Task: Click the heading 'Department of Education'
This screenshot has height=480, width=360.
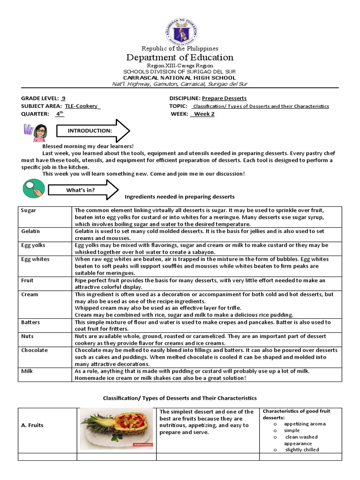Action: coord(180,58)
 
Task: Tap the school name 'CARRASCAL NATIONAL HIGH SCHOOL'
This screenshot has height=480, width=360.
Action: coord(180,78)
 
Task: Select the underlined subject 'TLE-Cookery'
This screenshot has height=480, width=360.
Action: coord(82,106)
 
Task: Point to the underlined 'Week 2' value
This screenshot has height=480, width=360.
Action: coord(203,114)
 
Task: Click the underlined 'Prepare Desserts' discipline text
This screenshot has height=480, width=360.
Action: coord(224,98)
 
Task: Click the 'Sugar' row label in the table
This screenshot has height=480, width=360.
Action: coord(29,210)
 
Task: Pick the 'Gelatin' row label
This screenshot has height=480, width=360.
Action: coord(30,232)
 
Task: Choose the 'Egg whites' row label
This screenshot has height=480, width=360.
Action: coord(35,259)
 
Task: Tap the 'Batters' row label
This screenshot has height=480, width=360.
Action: coord(31,322)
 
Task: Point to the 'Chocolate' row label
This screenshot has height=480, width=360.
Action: coord(34,351)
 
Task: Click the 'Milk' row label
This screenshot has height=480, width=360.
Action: coord(27,371)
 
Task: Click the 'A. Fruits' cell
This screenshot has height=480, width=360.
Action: coord(32,425)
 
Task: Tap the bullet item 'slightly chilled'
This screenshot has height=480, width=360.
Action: coord(302,450)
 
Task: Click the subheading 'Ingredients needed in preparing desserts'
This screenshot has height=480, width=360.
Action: coord(180,196)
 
